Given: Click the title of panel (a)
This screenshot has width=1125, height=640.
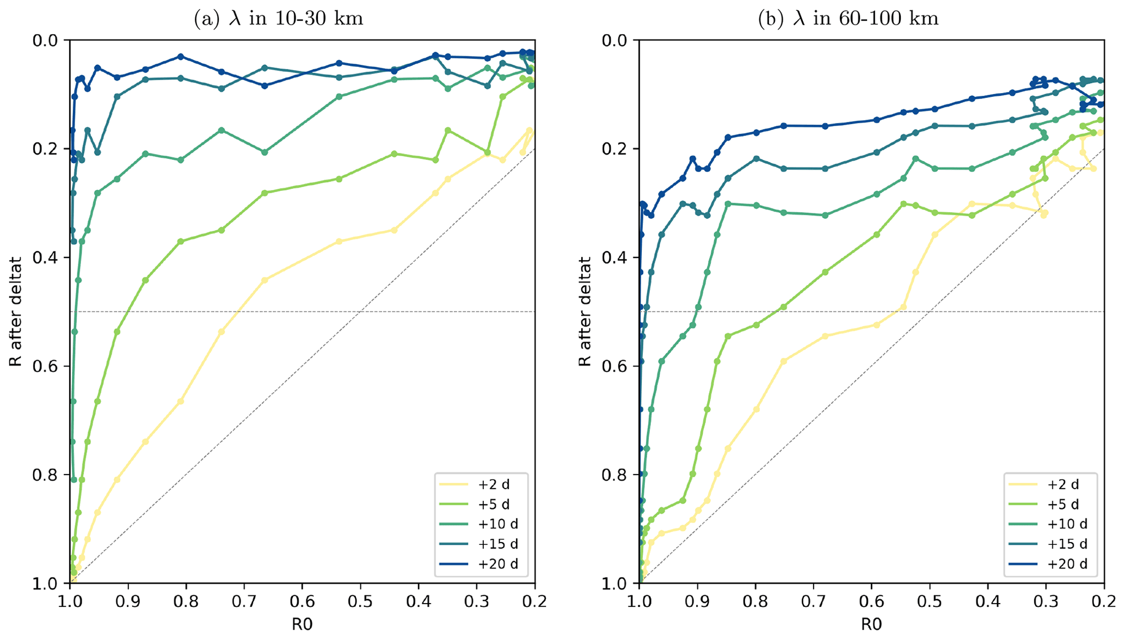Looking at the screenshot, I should click(278, 19).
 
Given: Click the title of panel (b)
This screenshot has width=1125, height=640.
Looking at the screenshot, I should click(848, 19).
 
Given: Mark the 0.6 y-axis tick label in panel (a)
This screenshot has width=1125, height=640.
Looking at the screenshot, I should click(46, 366).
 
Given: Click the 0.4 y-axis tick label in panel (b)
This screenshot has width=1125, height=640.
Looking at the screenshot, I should click(615, 257).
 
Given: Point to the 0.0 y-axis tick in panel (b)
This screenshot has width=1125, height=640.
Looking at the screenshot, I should click(615, 40).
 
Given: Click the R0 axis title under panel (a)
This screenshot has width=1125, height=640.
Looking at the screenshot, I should click(302, 624).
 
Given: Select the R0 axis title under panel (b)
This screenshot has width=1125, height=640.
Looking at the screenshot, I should click(871, 624).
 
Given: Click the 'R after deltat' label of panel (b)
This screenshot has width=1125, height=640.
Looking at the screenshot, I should click(585, 312).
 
